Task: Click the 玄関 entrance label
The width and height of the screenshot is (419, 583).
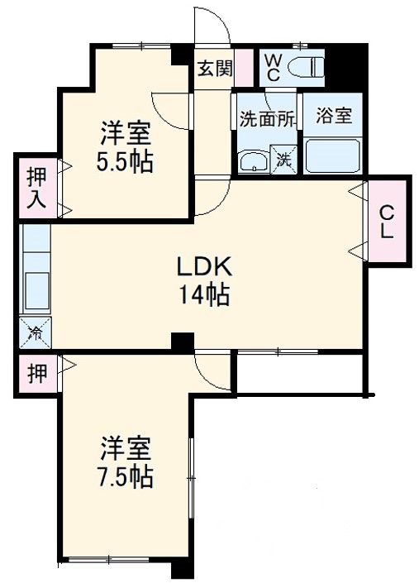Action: pyautogui.click(x=213, y=69)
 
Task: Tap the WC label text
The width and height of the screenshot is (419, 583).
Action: pyautogui.click(x=273, y=66)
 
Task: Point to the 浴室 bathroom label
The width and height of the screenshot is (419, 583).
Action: pyautogui.click(x=335, y=115)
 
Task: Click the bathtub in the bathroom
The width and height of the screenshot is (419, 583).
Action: pyautogui.click(x=333, y=154)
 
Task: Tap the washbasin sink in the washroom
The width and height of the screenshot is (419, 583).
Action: pyautogui.click(x=253, y=160)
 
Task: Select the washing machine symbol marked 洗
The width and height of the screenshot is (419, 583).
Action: pyautogui.click(x=284, y=158)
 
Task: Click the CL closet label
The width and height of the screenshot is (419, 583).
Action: pyautogui.click(x=387, y=221)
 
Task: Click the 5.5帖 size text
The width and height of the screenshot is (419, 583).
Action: pyautogui.click(x=125, y=162)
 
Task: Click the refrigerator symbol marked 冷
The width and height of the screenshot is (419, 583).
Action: pyautogui.click(x=36, y=332)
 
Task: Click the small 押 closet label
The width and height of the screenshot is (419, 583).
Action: pyautogui.click(x=36, y=372)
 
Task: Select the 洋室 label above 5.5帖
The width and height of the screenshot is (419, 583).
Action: pyautogui.click(x=125, y=133)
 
